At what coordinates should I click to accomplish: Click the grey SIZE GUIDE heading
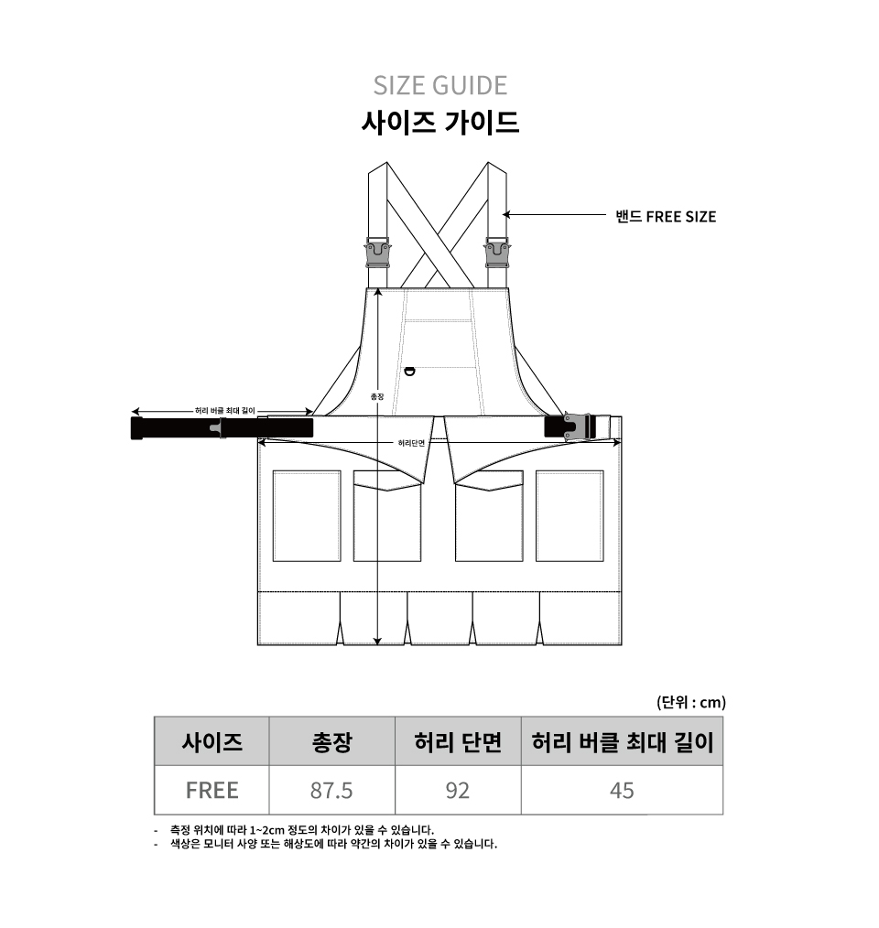[x=440, y=86]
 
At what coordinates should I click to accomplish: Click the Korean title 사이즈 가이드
[x=440, y=123]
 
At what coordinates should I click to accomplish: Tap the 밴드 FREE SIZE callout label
[x=666, y=217]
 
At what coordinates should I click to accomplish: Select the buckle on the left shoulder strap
[x=378, y=253]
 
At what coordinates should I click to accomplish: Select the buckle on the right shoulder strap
[x=497, y=253]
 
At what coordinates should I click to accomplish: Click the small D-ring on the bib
[x=409, y=372]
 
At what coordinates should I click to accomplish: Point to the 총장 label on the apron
[x=377, y=396]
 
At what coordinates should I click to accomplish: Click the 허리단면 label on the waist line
[x=411, y=443]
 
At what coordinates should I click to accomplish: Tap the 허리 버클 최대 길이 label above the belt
[x=225, y=411]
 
